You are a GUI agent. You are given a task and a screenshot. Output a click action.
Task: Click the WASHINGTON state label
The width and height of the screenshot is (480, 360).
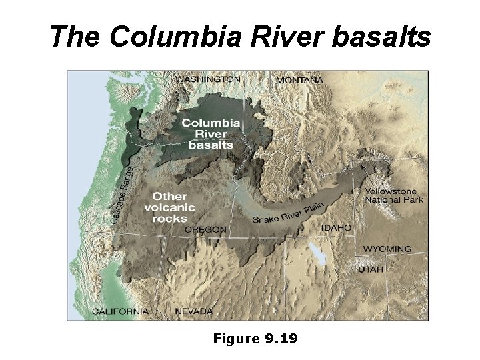click(x=207, y=79)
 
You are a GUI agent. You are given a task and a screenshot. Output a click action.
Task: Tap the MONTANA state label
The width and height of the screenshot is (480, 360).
click(x=299, y=80)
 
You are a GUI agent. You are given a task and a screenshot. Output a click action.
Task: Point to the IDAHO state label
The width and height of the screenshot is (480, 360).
click(x=336, y=228)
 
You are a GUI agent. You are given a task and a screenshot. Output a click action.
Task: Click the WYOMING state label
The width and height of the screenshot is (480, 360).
click(x=387, y=249)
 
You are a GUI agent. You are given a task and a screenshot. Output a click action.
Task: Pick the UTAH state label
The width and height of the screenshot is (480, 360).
click(x=371, y=270)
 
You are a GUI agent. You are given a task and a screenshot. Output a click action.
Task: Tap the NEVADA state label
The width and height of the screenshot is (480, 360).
click(x=193, y=311)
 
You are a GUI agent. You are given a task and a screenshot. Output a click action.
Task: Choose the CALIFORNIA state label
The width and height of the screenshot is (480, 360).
click(x=120, y=311)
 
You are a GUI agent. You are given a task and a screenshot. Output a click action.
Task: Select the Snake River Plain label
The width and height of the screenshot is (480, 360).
click(x=288, y=212)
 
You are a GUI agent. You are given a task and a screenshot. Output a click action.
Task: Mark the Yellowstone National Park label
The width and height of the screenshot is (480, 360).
click(x=393, y=195)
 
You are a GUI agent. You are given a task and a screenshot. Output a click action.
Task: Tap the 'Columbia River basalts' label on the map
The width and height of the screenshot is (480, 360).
click(x=211, y=133)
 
